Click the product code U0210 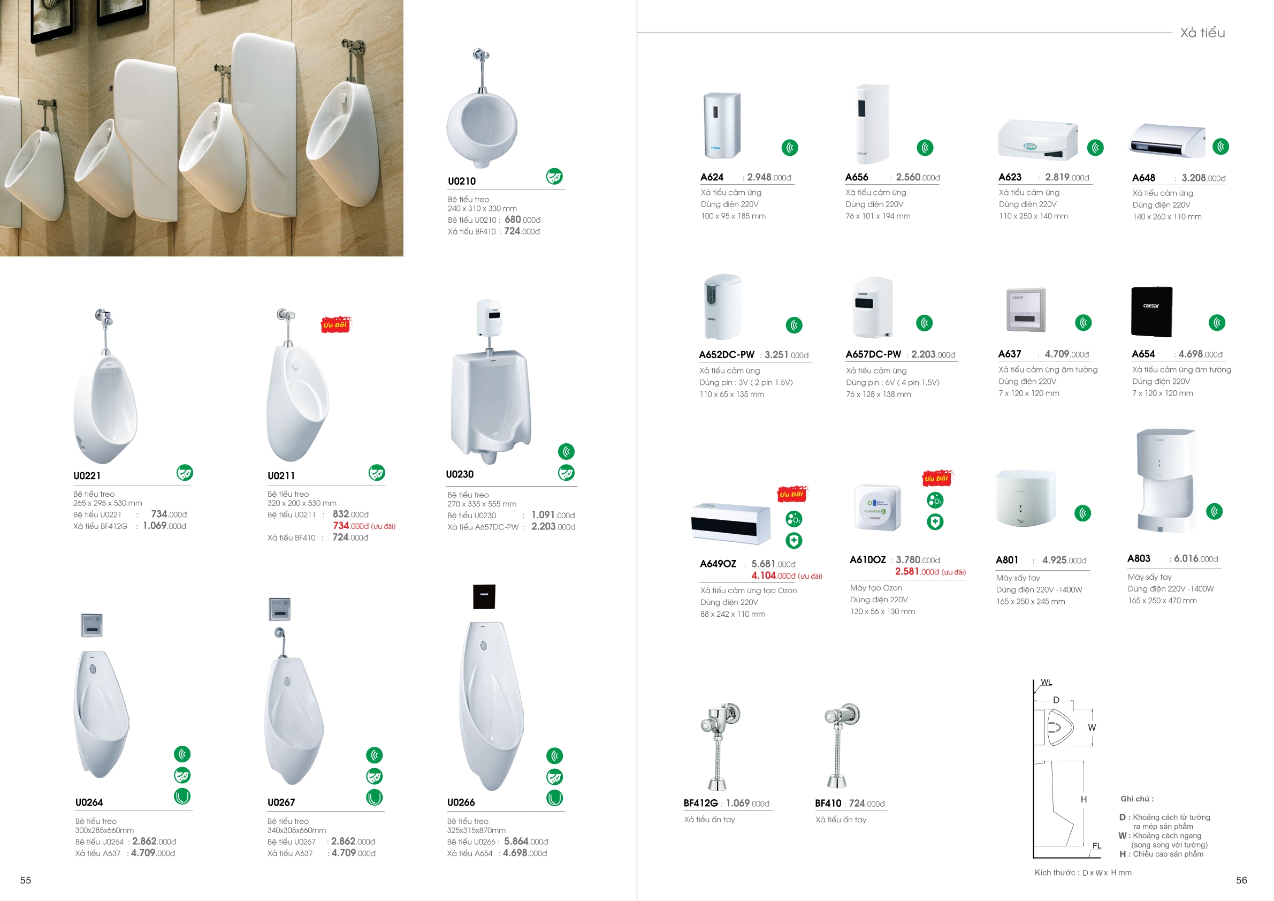click(x=462, y=181)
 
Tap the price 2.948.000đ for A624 click(x=769, y=177)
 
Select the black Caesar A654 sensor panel click(x=1152, y=312)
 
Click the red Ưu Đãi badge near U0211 click(x=336, y=325)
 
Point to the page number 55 click(x=26, y=880)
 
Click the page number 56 click(x=1242, y=880)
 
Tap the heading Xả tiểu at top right click(x=1202, y=33)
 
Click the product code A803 click(x=1139, y=558)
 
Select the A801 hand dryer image click(x=1025, y=498)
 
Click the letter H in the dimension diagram click(x=1084, y=799)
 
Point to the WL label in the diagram click(x=1047, y=682)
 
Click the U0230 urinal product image click(x=491, y=382)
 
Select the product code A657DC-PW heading click(x=873, y=354)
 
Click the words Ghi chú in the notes click(x=1137, y=799)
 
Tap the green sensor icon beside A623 click(x=1095, y=148)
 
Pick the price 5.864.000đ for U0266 click(x=526, y=842)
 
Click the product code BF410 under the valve click(x=828, y=803)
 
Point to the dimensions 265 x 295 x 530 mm click(x=108, y=503)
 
